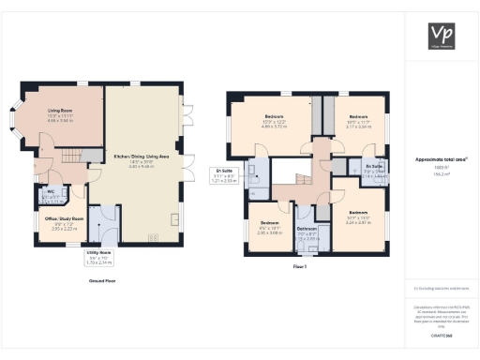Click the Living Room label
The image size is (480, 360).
tap(61, 115)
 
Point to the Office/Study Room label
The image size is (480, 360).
tap(65, 222)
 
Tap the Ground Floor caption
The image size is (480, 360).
tap(101, 279)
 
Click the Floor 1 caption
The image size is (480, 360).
tap(300, 267)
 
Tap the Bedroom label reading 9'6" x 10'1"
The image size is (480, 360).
tap(270, 229)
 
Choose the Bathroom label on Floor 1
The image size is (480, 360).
tap(308, 232)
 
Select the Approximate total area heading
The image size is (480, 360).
tap(442, 159)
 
